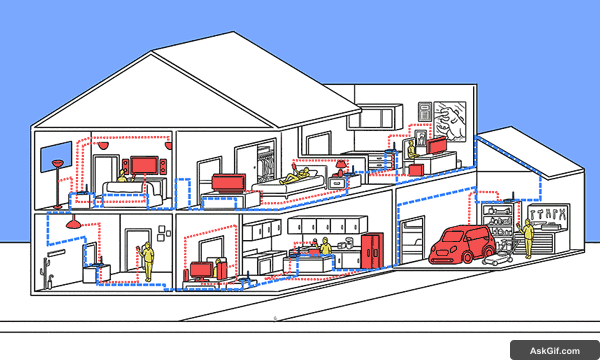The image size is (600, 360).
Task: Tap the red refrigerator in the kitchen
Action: (371, 251)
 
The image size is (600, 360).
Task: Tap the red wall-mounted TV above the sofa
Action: (144, 163)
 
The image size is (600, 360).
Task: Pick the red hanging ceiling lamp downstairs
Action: (72, 223)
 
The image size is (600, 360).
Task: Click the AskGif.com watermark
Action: (548, 347)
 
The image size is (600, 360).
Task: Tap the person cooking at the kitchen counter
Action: (324, 246)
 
